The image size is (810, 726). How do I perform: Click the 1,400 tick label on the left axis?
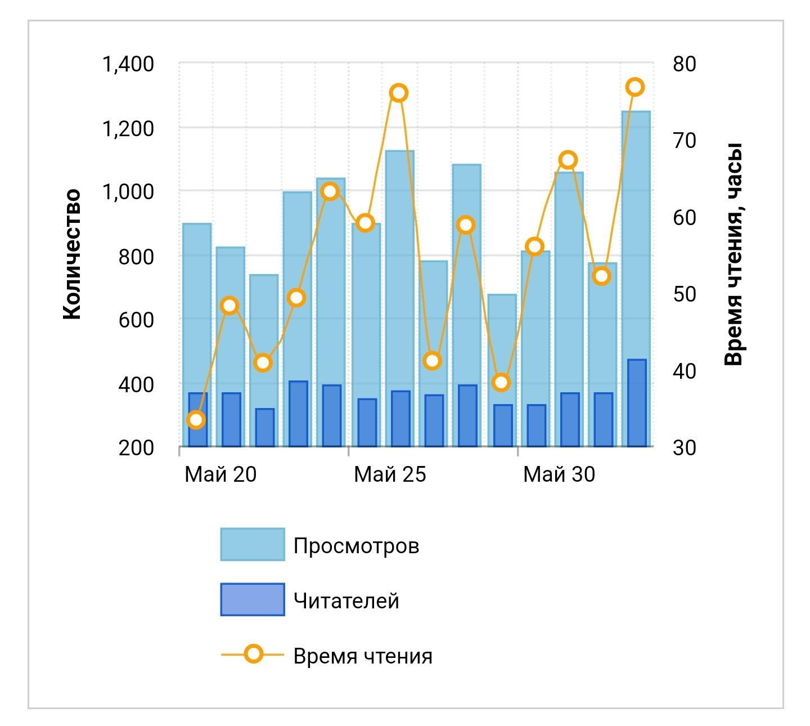(128, 64)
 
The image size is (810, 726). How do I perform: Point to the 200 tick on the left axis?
(136, 448)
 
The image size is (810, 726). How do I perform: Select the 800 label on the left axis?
(136, 257)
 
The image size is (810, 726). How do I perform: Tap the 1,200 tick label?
(128, 129)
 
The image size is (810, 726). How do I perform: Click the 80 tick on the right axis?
(684, 64)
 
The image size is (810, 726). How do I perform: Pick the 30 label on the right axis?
(684, 448)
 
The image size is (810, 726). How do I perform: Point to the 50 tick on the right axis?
(684, 294)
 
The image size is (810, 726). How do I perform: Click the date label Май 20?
(220, 474)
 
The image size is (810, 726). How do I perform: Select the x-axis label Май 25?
(390, 474)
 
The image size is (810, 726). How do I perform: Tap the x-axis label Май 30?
(559, 474)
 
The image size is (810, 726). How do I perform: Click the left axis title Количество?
(72, 254)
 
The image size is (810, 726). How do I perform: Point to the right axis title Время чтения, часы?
(733, 254)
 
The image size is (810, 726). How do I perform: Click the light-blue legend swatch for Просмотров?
(253, 544)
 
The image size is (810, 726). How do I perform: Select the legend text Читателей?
(346, 601)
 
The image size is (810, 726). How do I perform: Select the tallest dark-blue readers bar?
(637, 402)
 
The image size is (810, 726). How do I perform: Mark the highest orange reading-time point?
(635, 87)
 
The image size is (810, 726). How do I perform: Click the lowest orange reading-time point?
(196, 420)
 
